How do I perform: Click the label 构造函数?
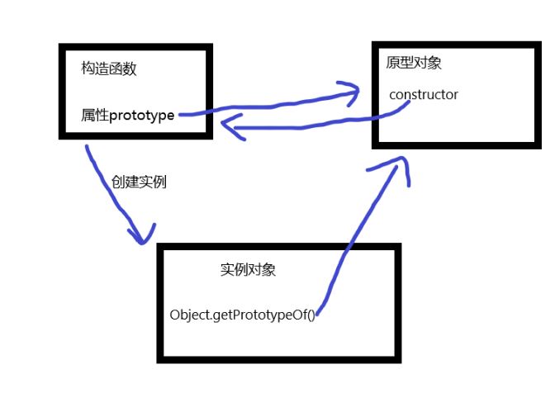coord(109,69)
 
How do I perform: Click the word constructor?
coord(423,95)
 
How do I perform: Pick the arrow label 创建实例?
coord(139,182)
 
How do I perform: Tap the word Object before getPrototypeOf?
coord(189,315)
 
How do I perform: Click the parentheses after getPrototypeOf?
coord(311,315)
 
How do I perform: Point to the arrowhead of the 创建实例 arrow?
coord(145,235)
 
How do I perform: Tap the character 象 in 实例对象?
coord(281,270)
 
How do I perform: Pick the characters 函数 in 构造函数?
coord(123,69)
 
